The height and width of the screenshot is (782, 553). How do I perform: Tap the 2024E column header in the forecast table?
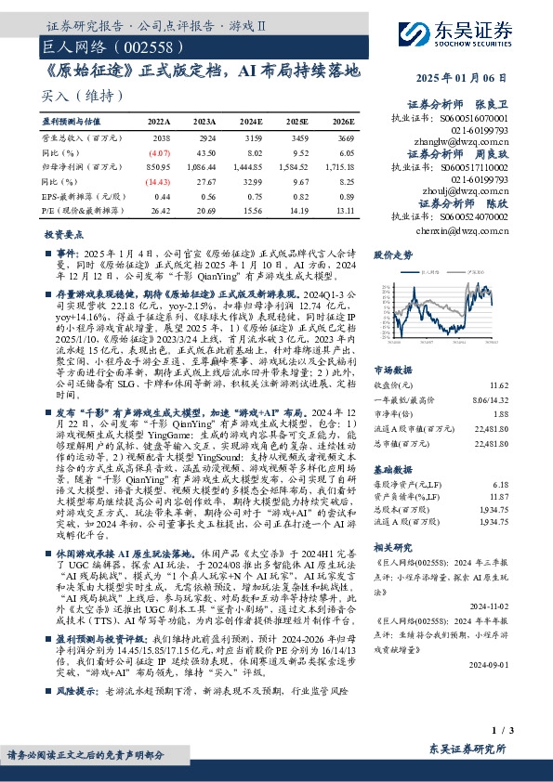(x=251, y=122)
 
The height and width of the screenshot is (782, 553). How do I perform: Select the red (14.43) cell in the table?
(x=159, y=180)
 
